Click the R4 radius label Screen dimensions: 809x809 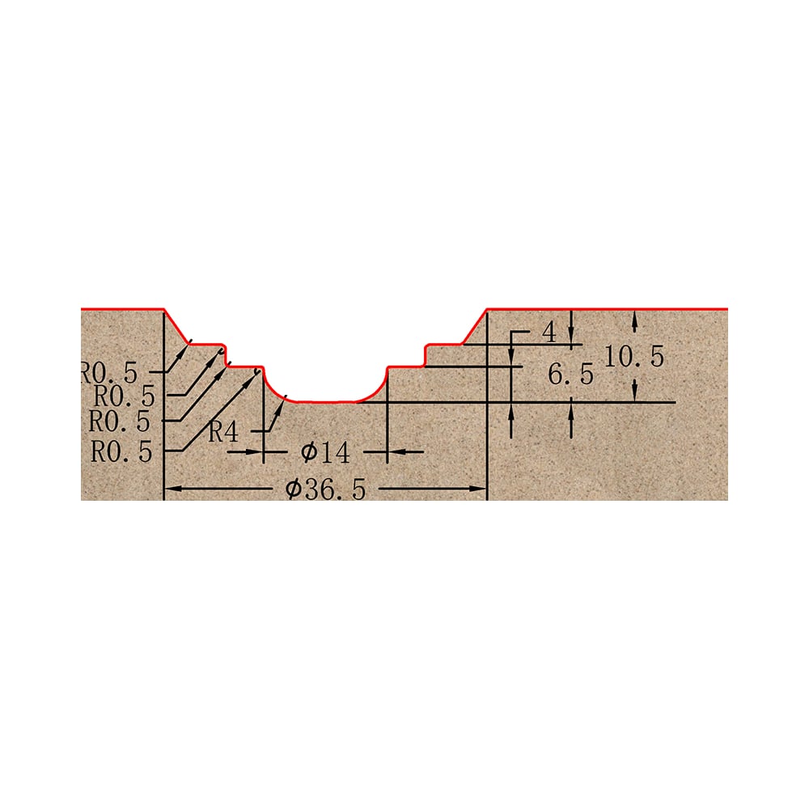[x=223, y=431]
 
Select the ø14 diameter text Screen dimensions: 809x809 [x=325, y=452]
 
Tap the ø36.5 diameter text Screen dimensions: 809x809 [x=325, y=489]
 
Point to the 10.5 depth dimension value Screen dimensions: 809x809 [x=634, y=357]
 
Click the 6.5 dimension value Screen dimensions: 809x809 [x=570, y=374]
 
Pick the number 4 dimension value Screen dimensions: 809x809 [x=549, y=332]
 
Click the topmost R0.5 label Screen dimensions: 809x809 [x=109, y=372]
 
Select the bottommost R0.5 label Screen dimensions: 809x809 [x=122, y=452]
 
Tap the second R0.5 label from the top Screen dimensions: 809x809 [x=125, y=396]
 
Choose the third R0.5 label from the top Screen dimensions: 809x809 [x=120, y=421]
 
